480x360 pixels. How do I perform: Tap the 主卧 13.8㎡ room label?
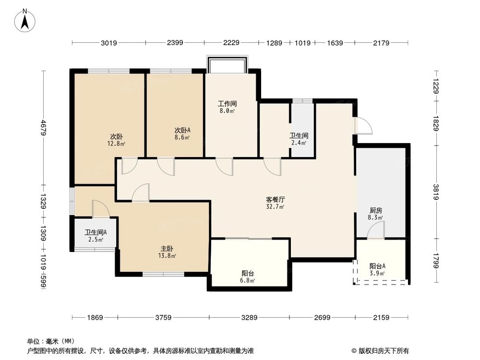pyautogui.click(x=167, y=252)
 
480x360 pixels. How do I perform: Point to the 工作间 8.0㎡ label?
pyautogui.click(x=227, y=107)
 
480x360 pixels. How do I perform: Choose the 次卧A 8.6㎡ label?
pyautogui.click(x=182, y=133)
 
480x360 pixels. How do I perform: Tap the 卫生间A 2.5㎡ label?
pyautogui.click(x=96, y=236)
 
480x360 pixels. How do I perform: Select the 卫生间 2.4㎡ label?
pyautogui.click(x=299, y=139)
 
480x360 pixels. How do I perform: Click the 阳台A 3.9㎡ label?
pyautogui.click(x=378, y=269)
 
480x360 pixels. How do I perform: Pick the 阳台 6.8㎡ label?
pyautogui.click(x=248, y=276)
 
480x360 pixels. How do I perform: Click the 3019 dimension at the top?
pyautogui.click(x=109, y=43)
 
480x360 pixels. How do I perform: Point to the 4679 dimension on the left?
pyautogui.click(x=43, y=127)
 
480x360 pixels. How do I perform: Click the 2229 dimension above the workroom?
pyautogui.click(x=231, y=43)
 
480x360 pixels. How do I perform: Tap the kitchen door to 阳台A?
pyautogui.click(x=375, y=232)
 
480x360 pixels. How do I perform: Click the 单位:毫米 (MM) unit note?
pyautogui.click(x=48, y=340)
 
